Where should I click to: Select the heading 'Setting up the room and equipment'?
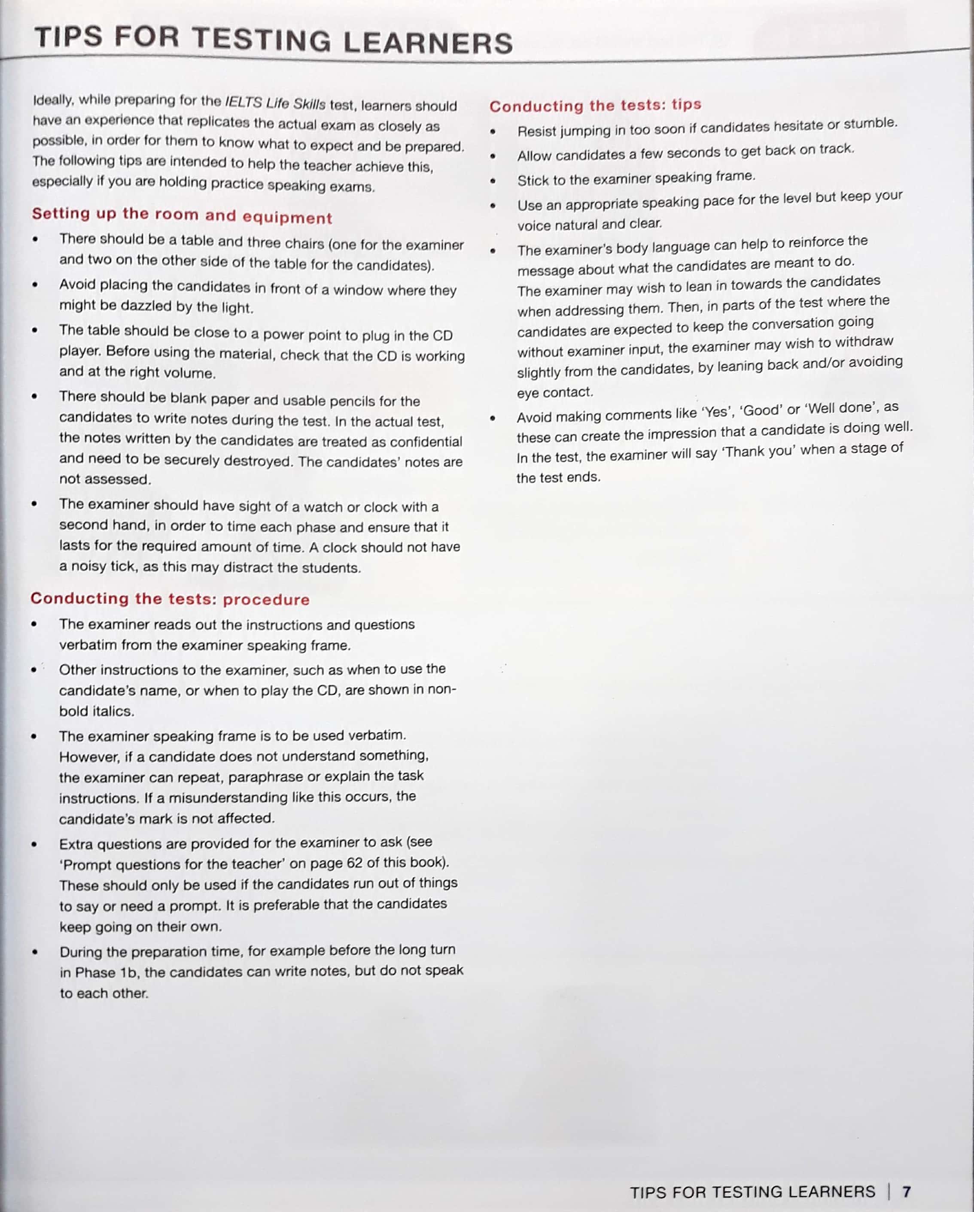tap(182, 215)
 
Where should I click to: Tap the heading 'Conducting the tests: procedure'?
tap(170, 599)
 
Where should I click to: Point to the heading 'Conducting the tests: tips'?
tap(595, 105)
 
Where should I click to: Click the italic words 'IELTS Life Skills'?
tap(275, 103)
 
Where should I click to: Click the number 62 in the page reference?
tap(354, 863)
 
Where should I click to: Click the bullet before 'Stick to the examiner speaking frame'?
tap(493, 181)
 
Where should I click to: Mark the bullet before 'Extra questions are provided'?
tap(35, 844)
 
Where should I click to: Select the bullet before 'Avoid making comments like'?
tap(493, 418)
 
